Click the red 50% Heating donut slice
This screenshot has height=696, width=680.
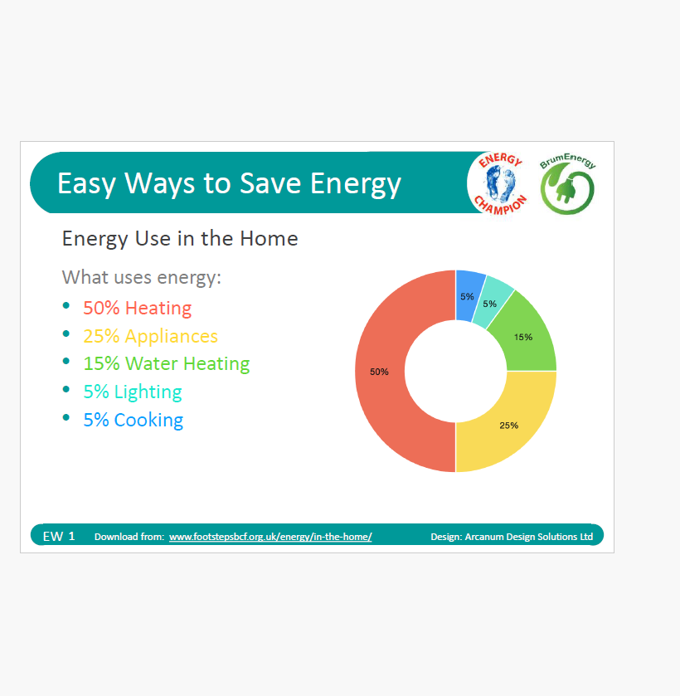coord(380,371)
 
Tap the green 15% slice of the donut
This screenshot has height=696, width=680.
coord(524,338)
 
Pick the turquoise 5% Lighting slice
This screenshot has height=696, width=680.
coord(490,304)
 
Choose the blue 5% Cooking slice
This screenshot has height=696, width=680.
coord(468,295)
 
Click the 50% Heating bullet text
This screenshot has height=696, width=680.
coord(137,308)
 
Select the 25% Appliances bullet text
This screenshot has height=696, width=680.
coord(150,336)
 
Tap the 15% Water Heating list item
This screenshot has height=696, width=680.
coord(167,363)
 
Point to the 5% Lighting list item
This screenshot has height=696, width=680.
coord(133,392)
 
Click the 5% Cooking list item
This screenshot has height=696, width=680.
coord(134,420)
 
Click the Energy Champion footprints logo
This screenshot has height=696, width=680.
coord(500,183)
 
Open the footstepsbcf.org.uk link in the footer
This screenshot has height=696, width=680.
coord(270,537)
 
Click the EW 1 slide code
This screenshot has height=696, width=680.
coord(59,536)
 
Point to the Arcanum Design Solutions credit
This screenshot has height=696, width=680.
coord(512,537)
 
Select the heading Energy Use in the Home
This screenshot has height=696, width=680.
coord(180,238)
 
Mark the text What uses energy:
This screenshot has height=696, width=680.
coord(141,277)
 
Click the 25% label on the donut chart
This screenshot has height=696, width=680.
coord(508,426)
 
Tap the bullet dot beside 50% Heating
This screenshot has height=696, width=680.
coord(66,305)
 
